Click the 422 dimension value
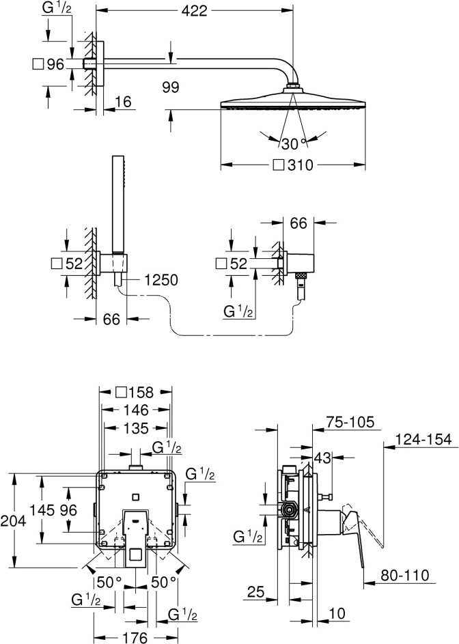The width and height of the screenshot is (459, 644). (x=195, y=11)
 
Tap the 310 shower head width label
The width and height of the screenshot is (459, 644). (x=300, y=165)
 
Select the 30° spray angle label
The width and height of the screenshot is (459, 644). (x=294, y=143)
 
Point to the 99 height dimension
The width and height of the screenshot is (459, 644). (x=171, y=87)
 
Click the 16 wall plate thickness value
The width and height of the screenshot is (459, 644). (x=123, y=102)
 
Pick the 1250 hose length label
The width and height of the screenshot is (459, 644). (x=161, y=280)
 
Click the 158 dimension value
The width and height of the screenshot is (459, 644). (x=140, y=392)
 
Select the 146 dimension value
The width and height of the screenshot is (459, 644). (x=136, y=410)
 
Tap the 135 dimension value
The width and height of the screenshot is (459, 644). (x=136, y=428)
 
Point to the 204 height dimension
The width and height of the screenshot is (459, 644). (x=13, y=521)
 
